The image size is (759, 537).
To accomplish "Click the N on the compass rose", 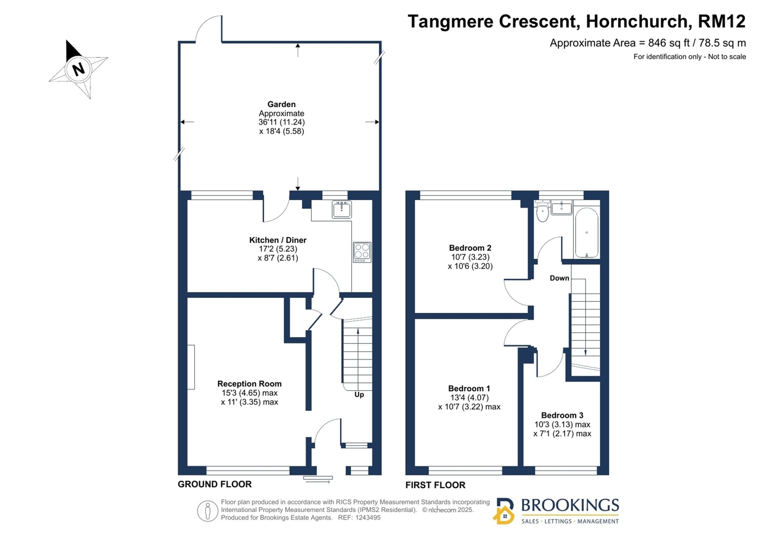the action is [x=78, y=69].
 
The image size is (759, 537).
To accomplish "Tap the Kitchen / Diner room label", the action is [x=278, y=240].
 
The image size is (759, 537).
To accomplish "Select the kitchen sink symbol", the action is [x=342, y=209].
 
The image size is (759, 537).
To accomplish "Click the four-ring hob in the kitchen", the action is [x=362, y=252].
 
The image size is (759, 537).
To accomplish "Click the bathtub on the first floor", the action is [x=587, y=233].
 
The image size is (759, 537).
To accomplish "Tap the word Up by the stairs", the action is [x=359, y=395].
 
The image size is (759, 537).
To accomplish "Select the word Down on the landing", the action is [x=559, y=278].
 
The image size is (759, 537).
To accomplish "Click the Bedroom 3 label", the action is [x=562, y=416].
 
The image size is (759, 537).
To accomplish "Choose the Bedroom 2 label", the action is [x=470, y=248].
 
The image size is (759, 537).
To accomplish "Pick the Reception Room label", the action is [x=249, y=384].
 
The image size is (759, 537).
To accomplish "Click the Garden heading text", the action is [x=282, y=104].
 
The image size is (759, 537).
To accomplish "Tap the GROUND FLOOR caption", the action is [x=215, y=484].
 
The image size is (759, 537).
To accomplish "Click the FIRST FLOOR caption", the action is [x=435, y=485].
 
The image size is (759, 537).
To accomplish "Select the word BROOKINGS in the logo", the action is [x=570, y=506].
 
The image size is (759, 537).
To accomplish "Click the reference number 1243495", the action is [x=368, y=518].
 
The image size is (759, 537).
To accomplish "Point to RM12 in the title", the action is [x=722, y=21].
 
